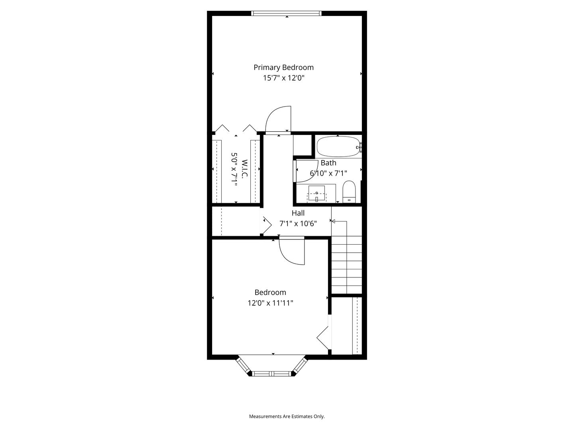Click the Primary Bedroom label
[283, 67]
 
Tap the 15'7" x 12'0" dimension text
[284, 78]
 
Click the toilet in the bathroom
[349, 192]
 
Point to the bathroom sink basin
[316, 193]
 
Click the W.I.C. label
[245, 169]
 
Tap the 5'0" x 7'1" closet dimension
[234, 169]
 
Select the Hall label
[298, 213]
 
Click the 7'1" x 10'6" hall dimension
[298, 224]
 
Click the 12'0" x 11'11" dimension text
[270, 303]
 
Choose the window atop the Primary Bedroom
[286, 13]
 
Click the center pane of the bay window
[271, 374]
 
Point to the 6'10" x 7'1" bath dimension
[328, 173]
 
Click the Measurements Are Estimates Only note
[287, 416]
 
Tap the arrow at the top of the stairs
[339, 221]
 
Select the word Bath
[328, 163]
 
